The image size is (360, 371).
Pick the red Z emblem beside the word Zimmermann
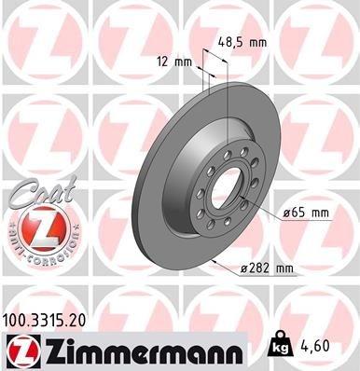tap(20, 350)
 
